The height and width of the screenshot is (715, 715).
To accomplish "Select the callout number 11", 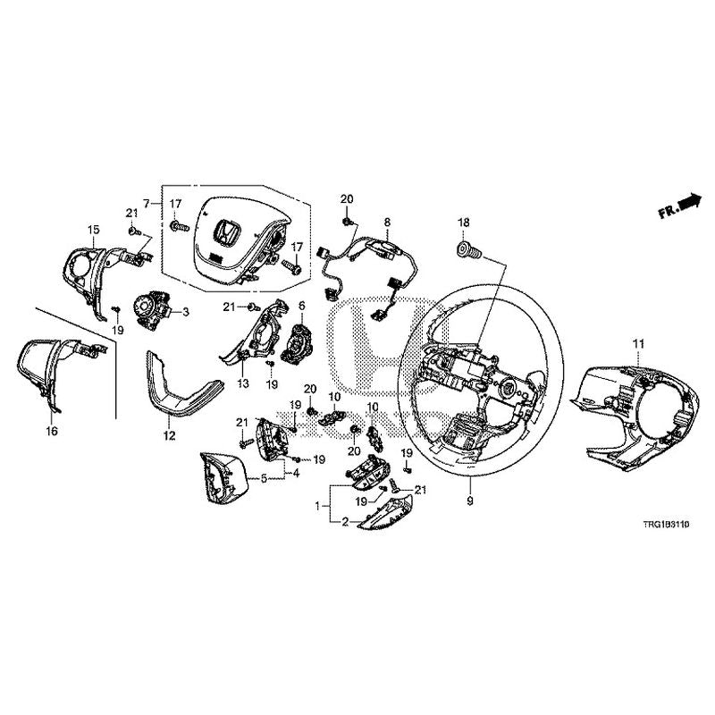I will pyautogui.click(x=637, y=344).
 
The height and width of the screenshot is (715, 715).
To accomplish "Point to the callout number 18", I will pyautogui.click(x=463, y=220).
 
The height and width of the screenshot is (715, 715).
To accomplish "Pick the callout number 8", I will pyautogui.click(x=387, y=220).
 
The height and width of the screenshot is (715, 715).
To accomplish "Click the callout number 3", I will pyautogui.click(x=186, y=313).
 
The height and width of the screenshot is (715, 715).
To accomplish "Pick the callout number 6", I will pyautogui.click(x=301, y=306).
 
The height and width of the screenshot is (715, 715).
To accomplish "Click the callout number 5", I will pyautogui.click(x=265, y=478).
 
